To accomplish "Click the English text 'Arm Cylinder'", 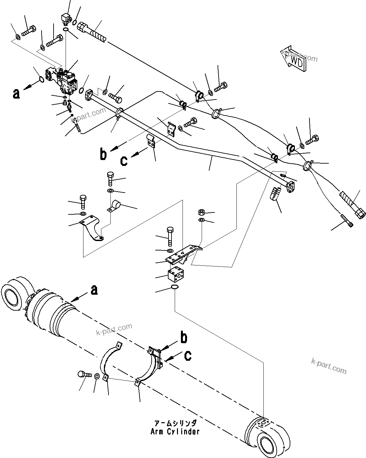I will [x=175, y=432].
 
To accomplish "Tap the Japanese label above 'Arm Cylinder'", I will [x=175, y=424].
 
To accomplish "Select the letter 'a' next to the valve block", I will [x=16, y=93].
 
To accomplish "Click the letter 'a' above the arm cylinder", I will [x=94, y=290].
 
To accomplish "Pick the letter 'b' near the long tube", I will [x=103, y=155].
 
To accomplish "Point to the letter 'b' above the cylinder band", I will [x=184, y=338].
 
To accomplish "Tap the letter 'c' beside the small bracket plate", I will [x=124, y=160].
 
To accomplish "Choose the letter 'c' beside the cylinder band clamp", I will [x=187, y=356].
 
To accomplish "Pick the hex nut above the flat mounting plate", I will [x=201, y=213].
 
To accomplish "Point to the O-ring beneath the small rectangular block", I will [x=174, y=287].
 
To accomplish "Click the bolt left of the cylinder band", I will [x=83, y=374].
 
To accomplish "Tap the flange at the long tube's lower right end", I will [x=291, y=187].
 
